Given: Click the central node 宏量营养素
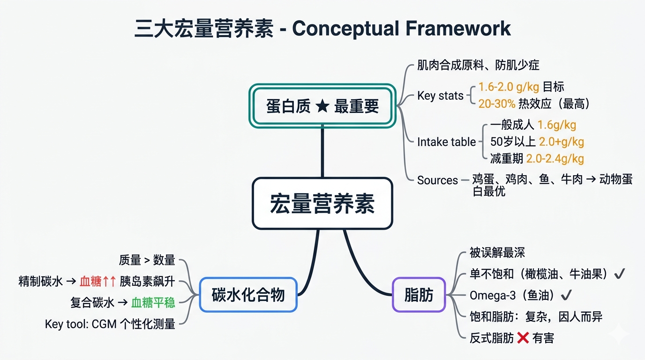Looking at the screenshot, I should (322, 203).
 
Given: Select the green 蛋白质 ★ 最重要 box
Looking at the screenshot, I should (322, 105).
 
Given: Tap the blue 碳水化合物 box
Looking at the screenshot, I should (248, 295).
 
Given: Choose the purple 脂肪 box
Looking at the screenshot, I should (419, 295).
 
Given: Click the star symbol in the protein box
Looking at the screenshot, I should (322, 106).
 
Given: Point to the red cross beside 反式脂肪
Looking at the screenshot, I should (523, 337).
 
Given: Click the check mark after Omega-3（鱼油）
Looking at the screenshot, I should (566, 295).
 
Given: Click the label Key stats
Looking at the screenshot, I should (440, 96).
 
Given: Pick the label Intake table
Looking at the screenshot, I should (446, 142).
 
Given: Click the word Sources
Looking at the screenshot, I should (437, 180).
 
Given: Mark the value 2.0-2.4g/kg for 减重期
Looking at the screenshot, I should (555, 158).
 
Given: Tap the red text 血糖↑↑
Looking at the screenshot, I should (97, 281).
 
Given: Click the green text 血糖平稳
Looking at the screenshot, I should (153, 302).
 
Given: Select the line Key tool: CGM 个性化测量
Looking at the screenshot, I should (110, 324).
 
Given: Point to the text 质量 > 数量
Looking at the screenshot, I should (147, 260).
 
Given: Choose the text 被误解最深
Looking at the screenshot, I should (497, 253).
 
